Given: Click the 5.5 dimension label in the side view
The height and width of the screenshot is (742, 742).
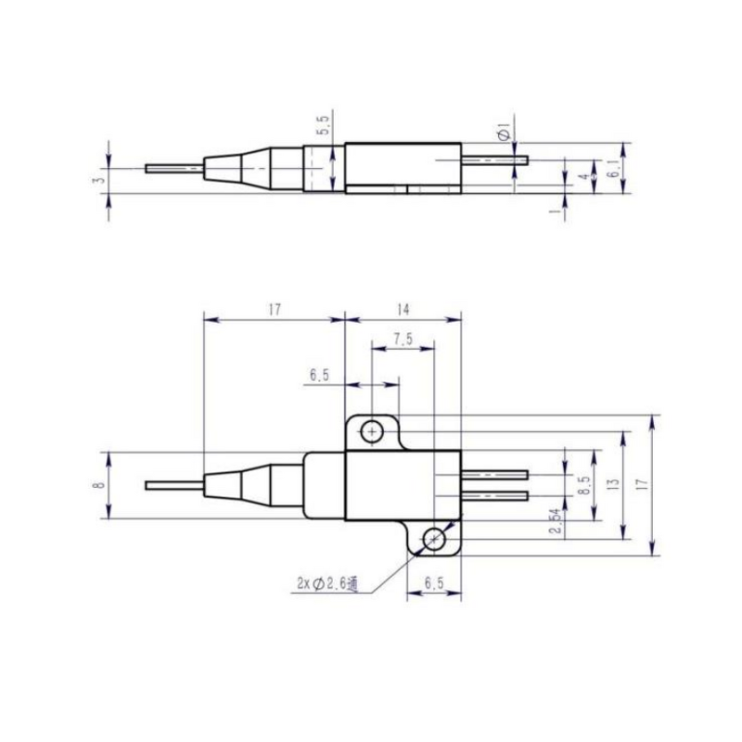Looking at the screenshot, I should click(323, 127).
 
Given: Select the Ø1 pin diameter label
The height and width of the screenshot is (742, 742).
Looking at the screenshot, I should click(504, 132).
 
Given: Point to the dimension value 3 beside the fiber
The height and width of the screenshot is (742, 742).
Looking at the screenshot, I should click(98, 174).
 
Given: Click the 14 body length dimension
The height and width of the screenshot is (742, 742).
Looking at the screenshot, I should click(402, 311).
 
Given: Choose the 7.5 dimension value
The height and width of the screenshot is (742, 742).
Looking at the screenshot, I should click(402, 339).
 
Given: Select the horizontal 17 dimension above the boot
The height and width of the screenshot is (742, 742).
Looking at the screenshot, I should click(273, 311).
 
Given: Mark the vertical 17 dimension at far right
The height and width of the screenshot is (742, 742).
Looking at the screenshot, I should click(642, 484).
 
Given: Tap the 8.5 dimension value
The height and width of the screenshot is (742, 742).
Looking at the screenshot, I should click(582, 484).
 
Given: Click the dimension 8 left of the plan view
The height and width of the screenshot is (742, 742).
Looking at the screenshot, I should click(98, 484).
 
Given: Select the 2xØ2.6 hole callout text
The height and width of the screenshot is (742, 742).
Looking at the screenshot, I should click(326, 583).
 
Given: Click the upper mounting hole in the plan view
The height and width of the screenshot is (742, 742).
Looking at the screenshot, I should click(372, 431).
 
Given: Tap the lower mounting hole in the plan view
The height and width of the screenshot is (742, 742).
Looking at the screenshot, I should click(433, 539).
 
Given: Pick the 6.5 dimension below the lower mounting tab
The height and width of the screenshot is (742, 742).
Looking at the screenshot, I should click(433, 582).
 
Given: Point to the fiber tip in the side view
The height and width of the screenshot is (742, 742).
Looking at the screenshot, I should click(148, 168).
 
